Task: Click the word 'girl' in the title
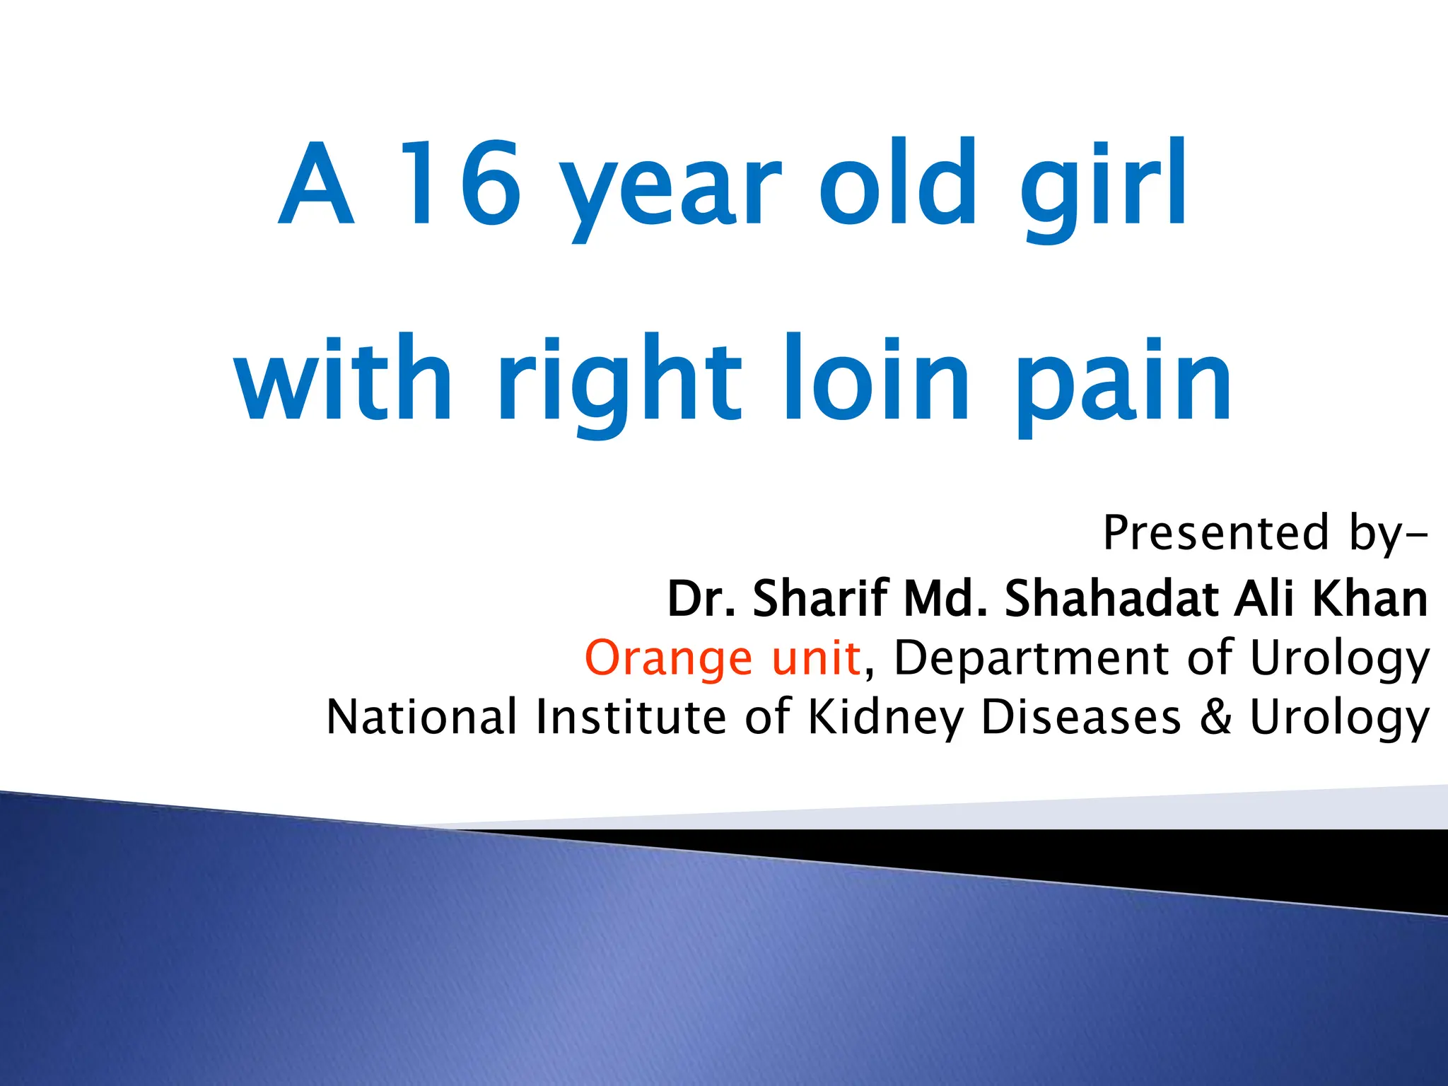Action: coord(1103,187)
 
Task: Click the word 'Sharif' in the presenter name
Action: coord(820,598)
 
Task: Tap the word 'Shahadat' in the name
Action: coord(1111,598)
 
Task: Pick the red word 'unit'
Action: coord(816,658)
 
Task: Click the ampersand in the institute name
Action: coord(1215,716)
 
